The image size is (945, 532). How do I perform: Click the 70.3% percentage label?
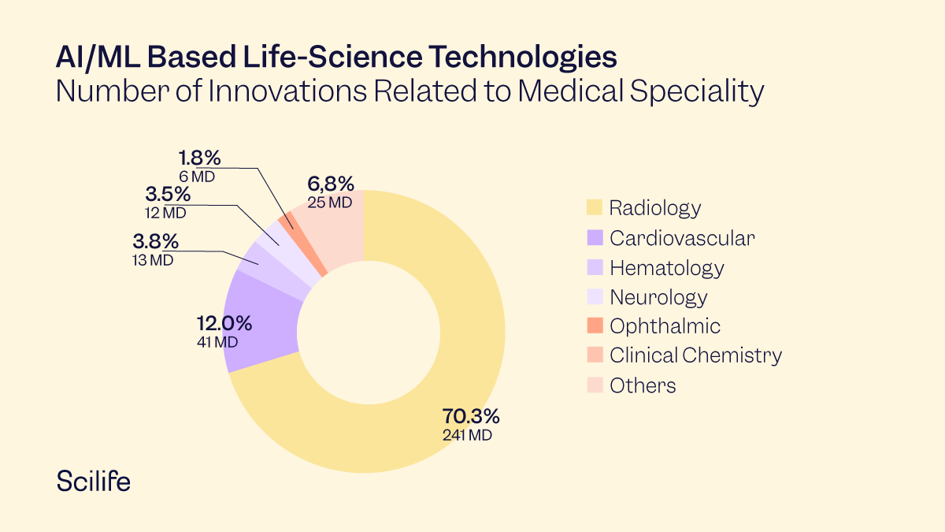click(470, 416)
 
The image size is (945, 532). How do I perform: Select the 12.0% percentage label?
click(224, 323)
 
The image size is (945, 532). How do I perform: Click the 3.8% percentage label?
click(155, 241)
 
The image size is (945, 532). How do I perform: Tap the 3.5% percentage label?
click(167, 194)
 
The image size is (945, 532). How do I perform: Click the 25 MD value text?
click(329, 203)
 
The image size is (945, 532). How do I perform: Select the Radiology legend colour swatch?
click(595, 208)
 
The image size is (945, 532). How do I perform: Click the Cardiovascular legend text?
click(682, 238)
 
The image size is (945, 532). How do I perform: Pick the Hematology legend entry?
click(666, 268)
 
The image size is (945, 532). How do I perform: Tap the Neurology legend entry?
click(658, 297)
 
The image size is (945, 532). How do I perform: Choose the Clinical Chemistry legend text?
click(695, 355)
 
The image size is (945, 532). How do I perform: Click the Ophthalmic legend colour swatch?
click(595, 326)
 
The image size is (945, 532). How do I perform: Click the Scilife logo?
click(94, 481)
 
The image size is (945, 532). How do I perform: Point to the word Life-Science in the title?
click(292, 58)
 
